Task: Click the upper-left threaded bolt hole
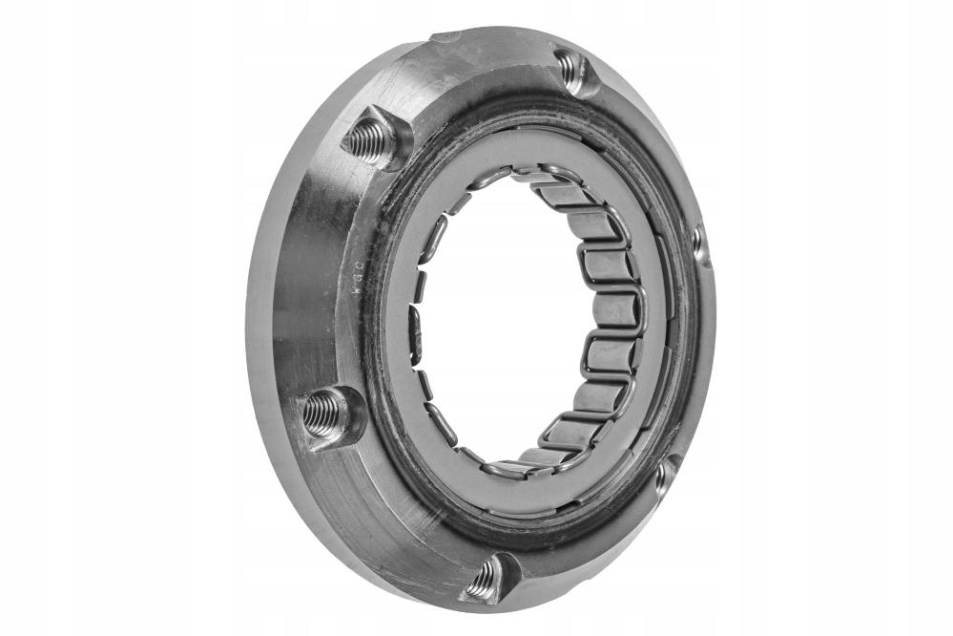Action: pyautogui.click(x=371, y=140)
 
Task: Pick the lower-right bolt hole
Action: pyautogui.click(x=664, y=475)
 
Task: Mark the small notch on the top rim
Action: pyautogui.click(x=445, y=37)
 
